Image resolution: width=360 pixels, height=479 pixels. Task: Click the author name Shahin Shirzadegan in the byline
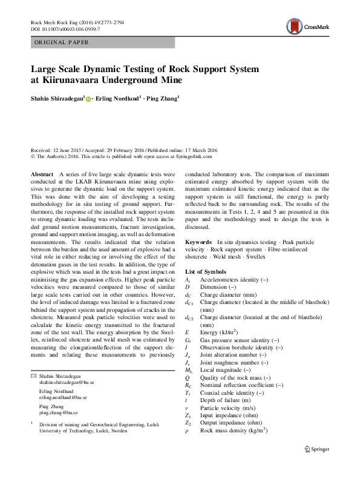pyautogui.click(x=57, y=97)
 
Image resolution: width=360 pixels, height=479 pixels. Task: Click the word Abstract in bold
pyautogui.click(x=42, y=174)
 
